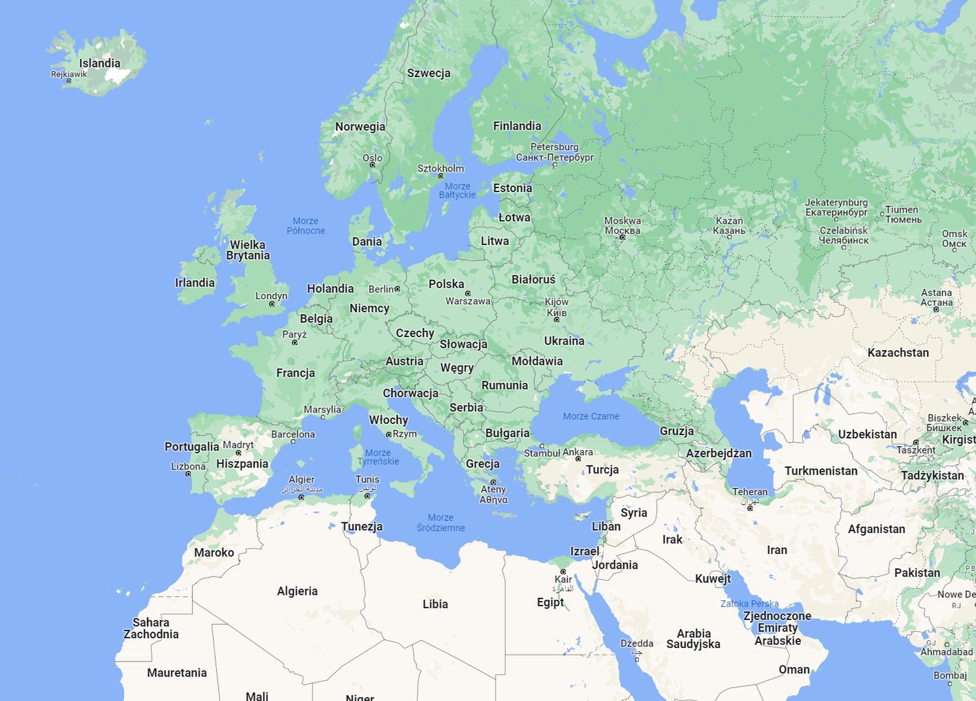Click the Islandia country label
[100, 63]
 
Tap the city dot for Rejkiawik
[69, 81]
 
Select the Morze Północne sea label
[306, 225]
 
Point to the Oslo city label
[372, 157]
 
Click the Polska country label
[446, 284]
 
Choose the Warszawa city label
[468, 301]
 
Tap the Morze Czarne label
[591, 416]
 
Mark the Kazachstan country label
[898, 353]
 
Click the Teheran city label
[750, 492]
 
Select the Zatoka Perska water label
[749, 604]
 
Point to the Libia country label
[435, 604]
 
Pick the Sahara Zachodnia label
[151, 628]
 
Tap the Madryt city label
[238, 445]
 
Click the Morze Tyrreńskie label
[378, 457]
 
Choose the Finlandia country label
[517, 126]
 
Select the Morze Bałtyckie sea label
[457, 190]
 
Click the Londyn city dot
[272, 304]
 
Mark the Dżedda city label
[637, 644]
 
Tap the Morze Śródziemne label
[441, 523]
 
